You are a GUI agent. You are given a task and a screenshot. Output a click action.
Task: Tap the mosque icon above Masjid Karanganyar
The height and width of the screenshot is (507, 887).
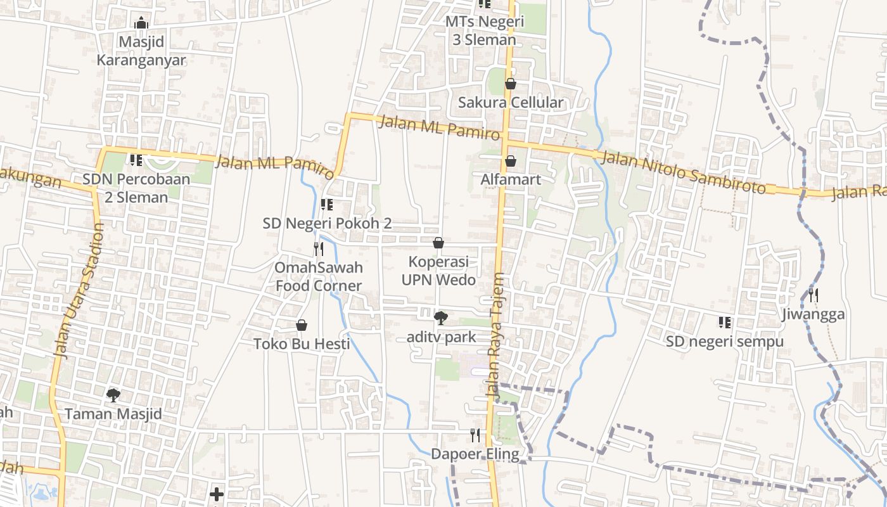pos(141,23)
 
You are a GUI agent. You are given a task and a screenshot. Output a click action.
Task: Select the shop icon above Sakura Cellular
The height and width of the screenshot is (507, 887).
pos(511,84)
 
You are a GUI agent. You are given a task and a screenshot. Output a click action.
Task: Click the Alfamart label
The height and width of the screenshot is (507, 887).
pos(511,179)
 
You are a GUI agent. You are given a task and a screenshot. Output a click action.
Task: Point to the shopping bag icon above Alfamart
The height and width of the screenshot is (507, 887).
pos(511,161)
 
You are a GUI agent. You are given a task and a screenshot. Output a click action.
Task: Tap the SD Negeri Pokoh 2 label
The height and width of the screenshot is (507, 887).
pos(327,223)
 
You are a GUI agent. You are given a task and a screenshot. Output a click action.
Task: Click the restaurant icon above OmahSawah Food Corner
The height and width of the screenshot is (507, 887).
pos(319,248)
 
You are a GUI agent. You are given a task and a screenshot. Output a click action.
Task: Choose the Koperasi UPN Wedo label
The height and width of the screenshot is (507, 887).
pos(438,270)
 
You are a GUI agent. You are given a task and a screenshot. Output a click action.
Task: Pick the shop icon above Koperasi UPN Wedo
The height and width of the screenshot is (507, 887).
pos(438,243)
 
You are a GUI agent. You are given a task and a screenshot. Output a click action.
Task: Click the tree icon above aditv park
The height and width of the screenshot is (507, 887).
pos(440,318)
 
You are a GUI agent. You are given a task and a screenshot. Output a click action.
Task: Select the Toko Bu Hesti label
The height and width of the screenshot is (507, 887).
pos(302,344)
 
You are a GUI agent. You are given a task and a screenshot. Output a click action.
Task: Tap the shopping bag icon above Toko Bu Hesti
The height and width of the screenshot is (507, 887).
pos(302,325)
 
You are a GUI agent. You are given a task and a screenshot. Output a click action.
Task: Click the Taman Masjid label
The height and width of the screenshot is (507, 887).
pos(113,414)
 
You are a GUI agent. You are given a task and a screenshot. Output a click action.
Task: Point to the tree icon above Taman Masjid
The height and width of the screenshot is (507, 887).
pos(113,395)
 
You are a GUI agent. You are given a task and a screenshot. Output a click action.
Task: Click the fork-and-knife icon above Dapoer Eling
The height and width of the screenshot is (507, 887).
pos(475,435)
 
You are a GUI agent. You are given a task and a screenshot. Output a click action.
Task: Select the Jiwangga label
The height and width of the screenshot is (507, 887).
pos(813,314)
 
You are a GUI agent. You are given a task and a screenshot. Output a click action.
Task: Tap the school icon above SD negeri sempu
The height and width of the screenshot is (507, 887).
pos(725,323)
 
